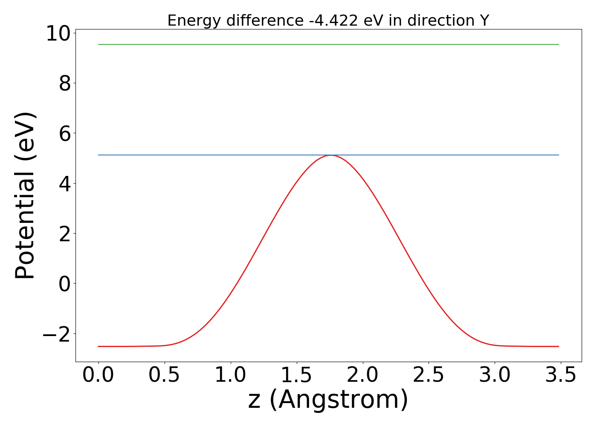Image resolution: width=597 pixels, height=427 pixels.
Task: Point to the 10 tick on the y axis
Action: point(58,33)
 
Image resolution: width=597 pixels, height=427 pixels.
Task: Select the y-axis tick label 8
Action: point(65,83)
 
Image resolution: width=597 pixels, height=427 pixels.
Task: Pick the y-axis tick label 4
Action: point(65,184)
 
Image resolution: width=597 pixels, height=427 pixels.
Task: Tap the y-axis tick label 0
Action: point(65,284)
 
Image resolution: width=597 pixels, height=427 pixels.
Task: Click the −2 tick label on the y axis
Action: point(56,334)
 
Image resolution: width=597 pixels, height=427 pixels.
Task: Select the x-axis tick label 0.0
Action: point(99,375)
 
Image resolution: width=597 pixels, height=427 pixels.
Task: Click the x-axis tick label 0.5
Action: point(165,375)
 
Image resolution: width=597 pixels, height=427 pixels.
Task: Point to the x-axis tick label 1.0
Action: point(231,375)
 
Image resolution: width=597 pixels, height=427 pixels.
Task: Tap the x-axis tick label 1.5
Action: point(296,375)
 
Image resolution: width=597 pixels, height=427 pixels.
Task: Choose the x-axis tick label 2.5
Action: point(429,375)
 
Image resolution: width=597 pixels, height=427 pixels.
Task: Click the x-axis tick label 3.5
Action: point(560,375)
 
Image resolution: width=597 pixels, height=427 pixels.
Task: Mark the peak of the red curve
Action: point(330,155)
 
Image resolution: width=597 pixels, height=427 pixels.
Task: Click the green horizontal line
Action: point(328,44)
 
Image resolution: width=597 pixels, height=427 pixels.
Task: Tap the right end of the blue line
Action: point(558,155)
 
